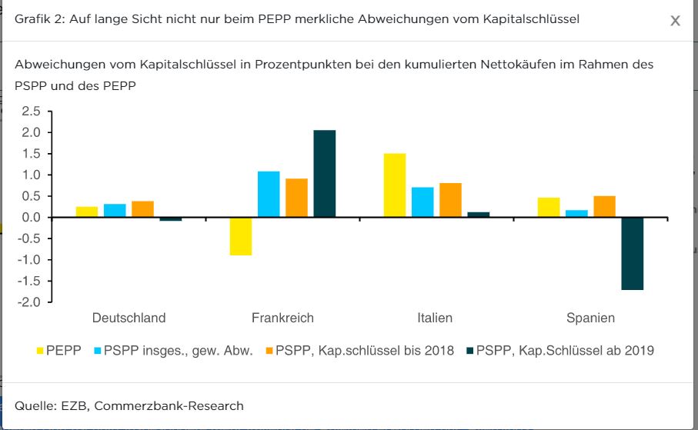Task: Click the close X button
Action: (675, 21)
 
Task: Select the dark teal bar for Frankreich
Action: (325, 174)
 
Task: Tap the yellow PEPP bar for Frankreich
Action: (241, 236)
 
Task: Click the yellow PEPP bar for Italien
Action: (395, 185)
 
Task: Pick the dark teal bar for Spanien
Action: (633, 254)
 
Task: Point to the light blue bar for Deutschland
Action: (115, 211)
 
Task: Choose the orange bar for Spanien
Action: (604, 207)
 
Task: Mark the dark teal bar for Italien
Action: (479, 215)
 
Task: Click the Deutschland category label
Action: (129, 318)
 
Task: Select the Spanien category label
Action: (590, 318)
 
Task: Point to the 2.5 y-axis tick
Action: (31, 112)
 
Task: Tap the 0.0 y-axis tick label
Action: (31, 218)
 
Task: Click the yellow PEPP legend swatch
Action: (39, 352)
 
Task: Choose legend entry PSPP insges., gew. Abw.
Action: (178, 351)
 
